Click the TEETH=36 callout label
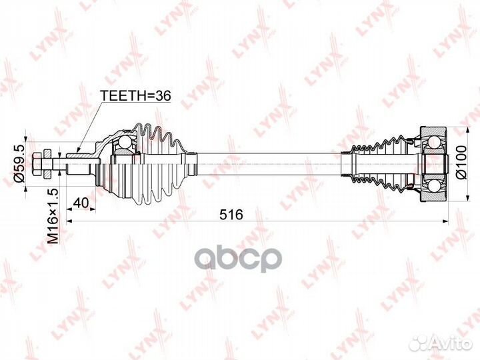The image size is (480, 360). [136, 96]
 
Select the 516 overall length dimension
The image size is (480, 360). [231, 214]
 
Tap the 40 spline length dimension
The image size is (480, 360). [81, 203]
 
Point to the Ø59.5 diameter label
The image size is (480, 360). [20, 164]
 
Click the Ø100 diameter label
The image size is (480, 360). [461, 162]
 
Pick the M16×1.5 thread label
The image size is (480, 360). [53, 216]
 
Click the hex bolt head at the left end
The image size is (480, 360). [36, 164]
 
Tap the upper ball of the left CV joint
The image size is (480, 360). [125, 142]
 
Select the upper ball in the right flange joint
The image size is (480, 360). [434, 143]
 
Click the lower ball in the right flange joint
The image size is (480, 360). [434, 185]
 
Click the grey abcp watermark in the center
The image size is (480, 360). [238, 260]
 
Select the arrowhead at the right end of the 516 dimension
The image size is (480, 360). [445, 221]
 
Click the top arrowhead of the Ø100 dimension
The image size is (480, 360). [467, 129]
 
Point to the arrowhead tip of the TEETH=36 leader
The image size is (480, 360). [77, 152]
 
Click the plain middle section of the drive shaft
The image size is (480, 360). [269, 164]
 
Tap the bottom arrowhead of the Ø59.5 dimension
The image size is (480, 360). [25, 188]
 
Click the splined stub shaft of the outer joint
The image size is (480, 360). [78, 164]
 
